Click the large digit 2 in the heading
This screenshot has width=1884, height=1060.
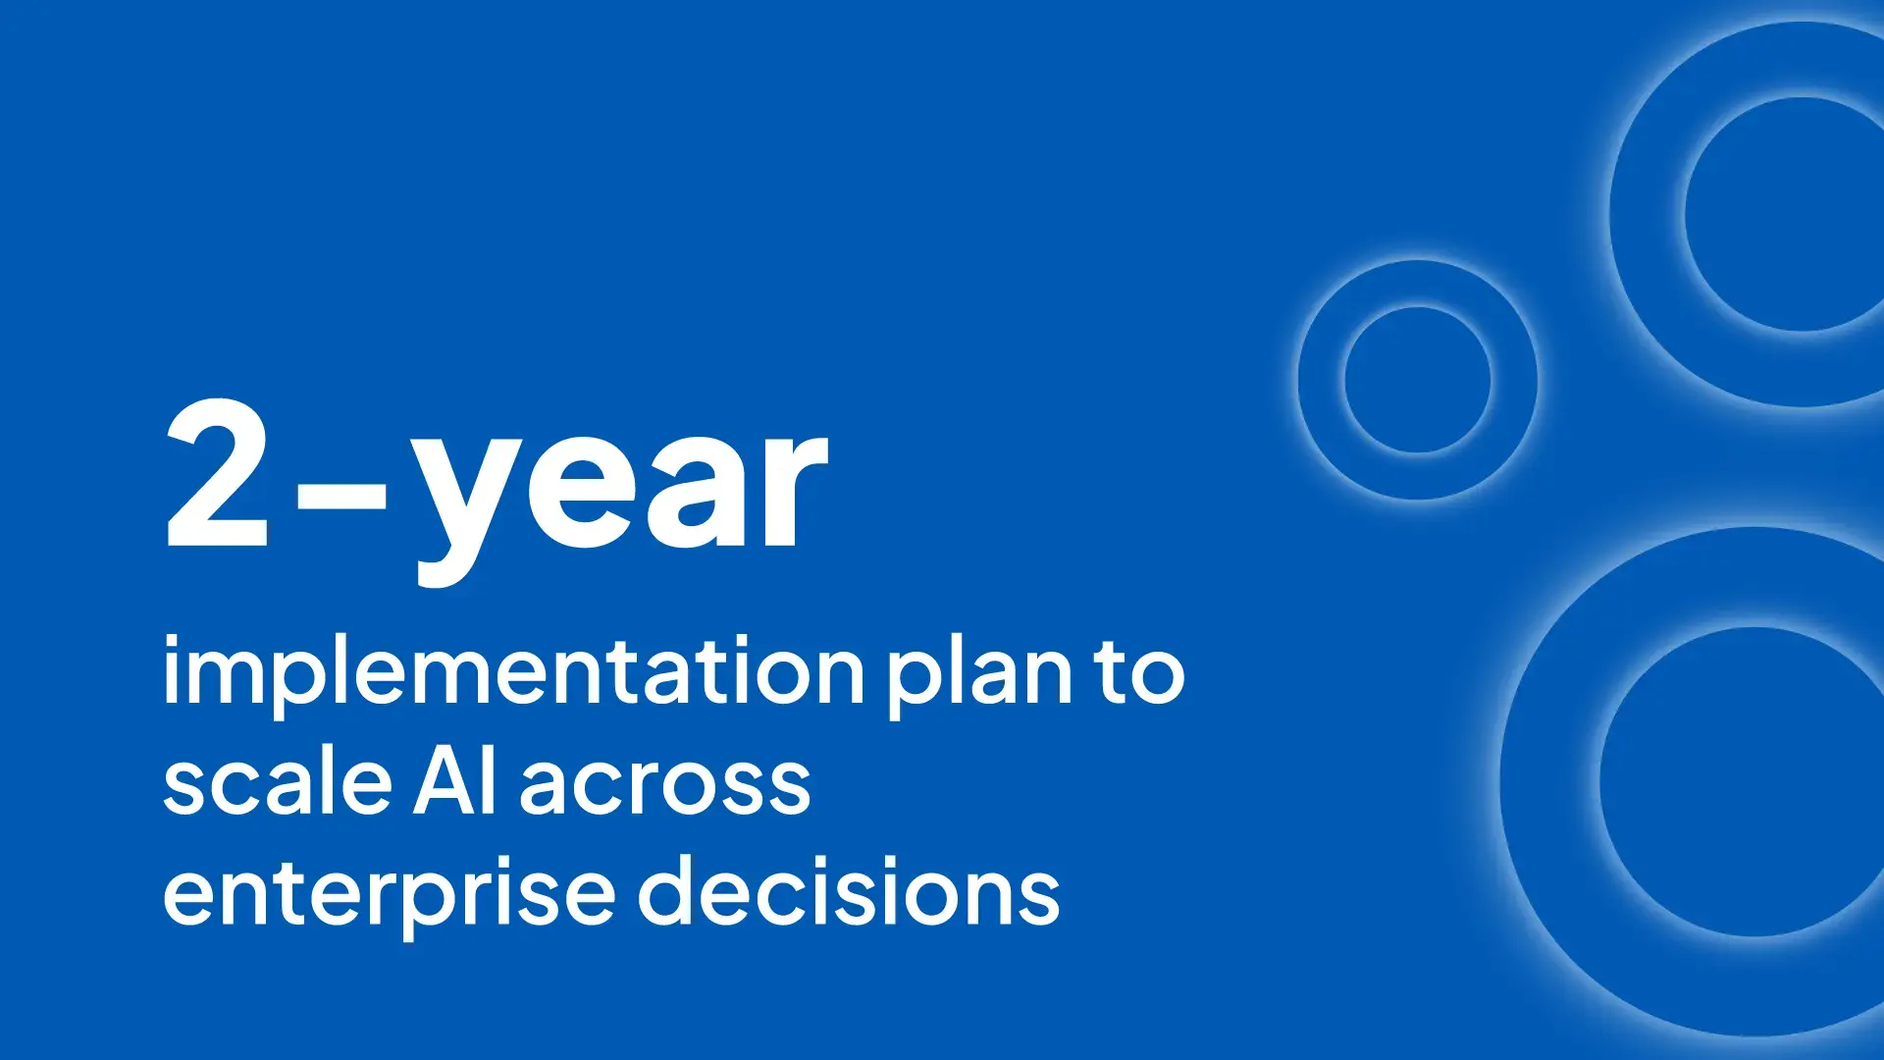click(x=217, y=473)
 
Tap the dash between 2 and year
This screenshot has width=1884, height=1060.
click(x=341, y=502)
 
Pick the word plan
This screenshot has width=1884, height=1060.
click(x=980, y=677)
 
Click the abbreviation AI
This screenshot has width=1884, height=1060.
click(x=454, y=783)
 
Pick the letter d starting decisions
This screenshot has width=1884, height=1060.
click(x=672, y=889)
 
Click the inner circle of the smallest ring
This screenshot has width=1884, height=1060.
click(x=1417, y=380)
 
